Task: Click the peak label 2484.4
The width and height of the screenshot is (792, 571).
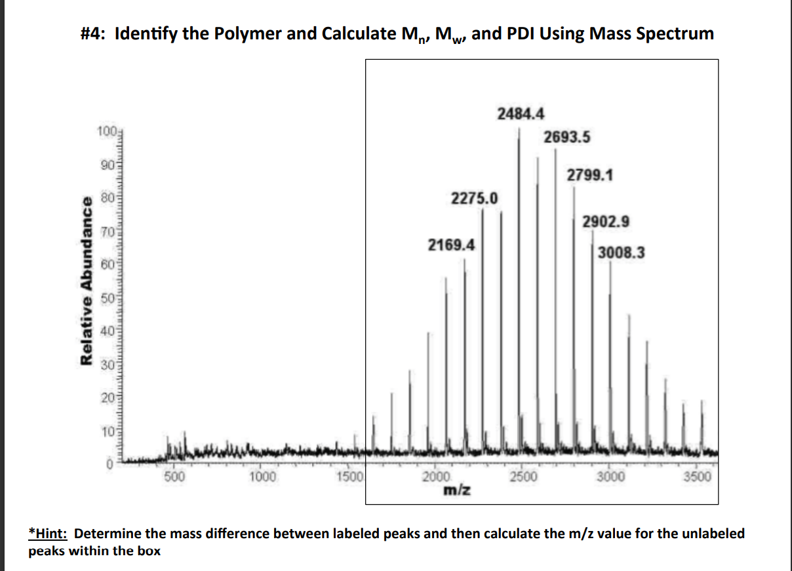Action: [521, 114]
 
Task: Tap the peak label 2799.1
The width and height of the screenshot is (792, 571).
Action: [590, 175]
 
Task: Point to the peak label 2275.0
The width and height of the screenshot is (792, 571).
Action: [474, 198]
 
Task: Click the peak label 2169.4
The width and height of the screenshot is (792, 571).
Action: [451, 245]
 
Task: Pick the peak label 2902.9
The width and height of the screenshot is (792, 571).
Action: [606, 222]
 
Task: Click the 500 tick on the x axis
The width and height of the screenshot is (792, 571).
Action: [174, 476]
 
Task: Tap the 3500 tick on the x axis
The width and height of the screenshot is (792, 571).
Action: [696, 476]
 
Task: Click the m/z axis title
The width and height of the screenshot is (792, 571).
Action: [458, 490]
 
